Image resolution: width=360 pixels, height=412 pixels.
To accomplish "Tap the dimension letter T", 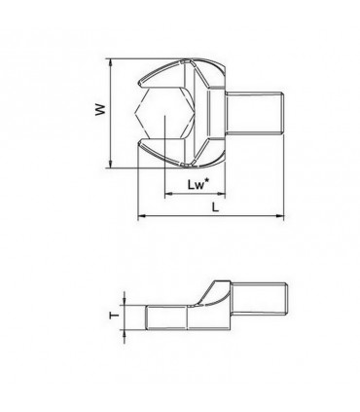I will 114,315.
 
